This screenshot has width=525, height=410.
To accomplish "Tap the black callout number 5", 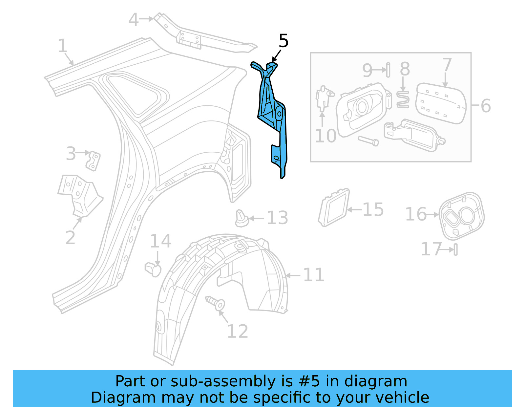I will point(283,41).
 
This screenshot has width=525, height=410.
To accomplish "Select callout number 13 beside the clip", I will point(277,218).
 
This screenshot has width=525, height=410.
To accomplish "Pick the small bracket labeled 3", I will point(93,161).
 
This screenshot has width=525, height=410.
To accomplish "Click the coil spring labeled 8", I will point(403,99).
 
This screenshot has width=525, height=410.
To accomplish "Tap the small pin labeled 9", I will point(388,70).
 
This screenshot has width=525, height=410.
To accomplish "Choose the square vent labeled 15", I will point(333,207).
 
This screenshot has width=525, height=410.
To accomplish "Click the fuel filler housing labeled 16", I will point(461,216).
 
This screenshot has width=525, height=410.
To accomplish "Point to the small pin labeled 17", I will point(456,249).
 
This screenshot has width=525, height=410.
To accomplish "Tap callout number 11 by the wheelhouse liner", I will point(313,275).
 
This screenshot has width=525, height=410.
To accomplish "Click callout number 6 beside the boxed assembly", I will point(486,106).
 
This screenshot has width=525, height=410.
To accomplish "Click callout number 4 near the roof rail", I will point(133,20).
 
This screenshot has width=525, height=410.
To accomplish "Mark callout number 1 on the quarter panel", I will point(62,46).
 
